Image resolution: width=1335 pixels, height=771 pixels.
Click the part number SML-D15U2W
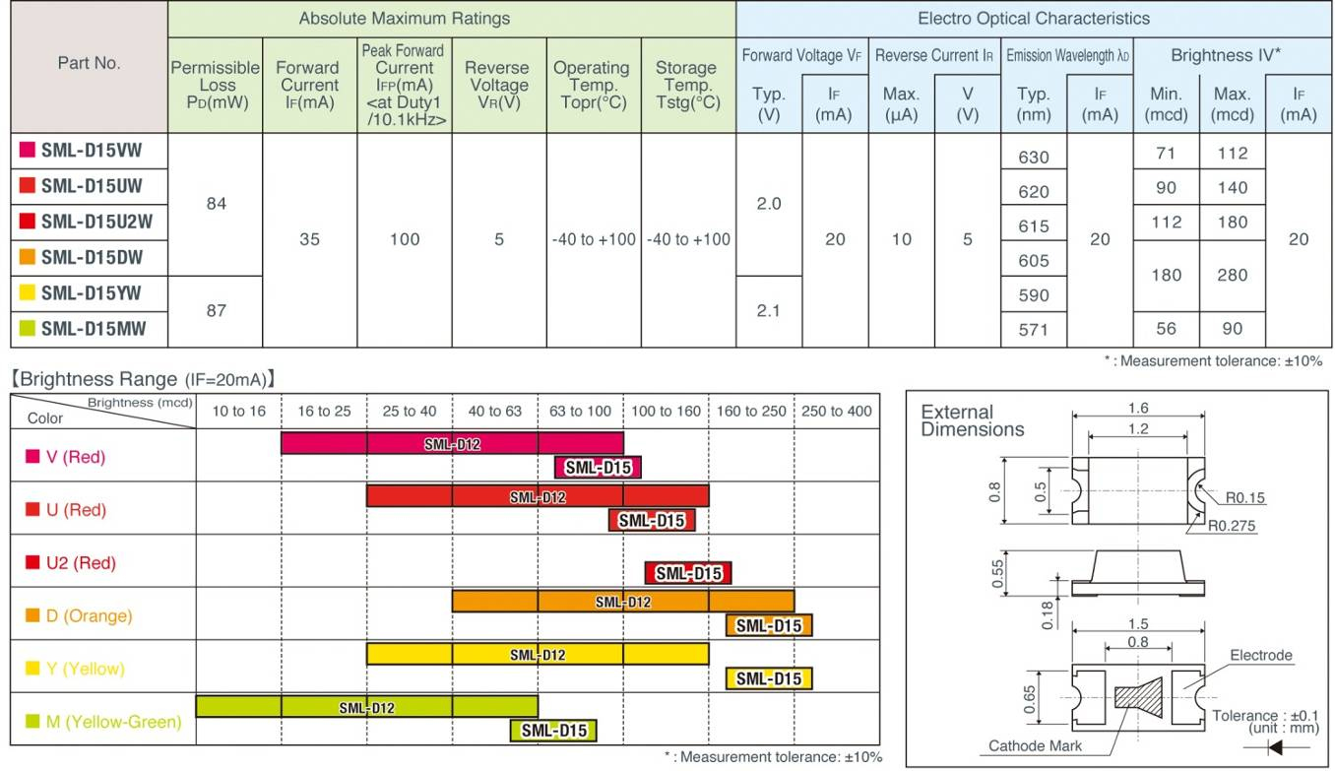pos(96,222)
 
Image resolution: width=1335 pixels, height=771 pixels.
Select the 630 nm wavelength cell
pos(1033,157)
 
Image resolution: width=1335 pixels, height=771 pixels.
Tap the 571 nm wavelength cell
pos(1033,330)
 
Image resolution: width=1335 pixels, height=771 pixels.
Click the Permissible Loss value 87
pos(216,310)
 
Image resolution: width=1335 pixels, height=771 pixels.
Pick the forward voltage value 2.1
pos(768,310)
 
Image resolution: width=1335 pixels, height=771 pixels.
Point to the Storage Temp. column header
pos(685,85)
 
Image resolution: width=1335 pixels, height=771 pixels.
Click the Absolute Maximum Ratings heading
pos(404,18)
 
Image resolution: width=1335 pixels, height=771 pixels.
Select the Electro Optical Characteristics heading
pos(1033,18)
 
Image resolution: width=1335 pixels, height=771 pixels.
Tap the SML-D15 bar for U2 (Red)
pos(687,573)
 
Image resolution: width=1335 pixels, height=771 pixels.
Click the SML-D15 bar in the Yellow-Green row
pos(553,730)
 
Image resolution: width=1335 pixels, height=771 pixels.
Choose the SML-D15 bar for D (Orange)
pos(768,625)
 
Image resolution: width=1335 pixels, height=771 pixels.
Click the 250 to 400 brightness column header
pos(836,411)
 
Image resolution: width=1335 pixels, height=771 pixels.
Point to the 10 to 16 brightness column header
pos(238,411)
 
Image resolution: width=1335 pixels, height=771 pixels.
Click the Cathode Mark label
pos(1035,745)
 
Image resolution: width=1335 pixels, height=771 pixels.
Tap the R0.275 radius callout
pos(1235,525)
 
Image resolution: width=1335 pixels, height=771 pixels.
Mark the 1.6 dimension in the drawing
pos(1137,408)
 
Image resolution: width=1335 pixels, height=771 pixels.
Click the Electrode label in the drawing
pos(1260,655)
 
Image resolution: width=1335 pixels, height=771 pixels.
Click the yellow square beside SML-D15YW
pos(28,292)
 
